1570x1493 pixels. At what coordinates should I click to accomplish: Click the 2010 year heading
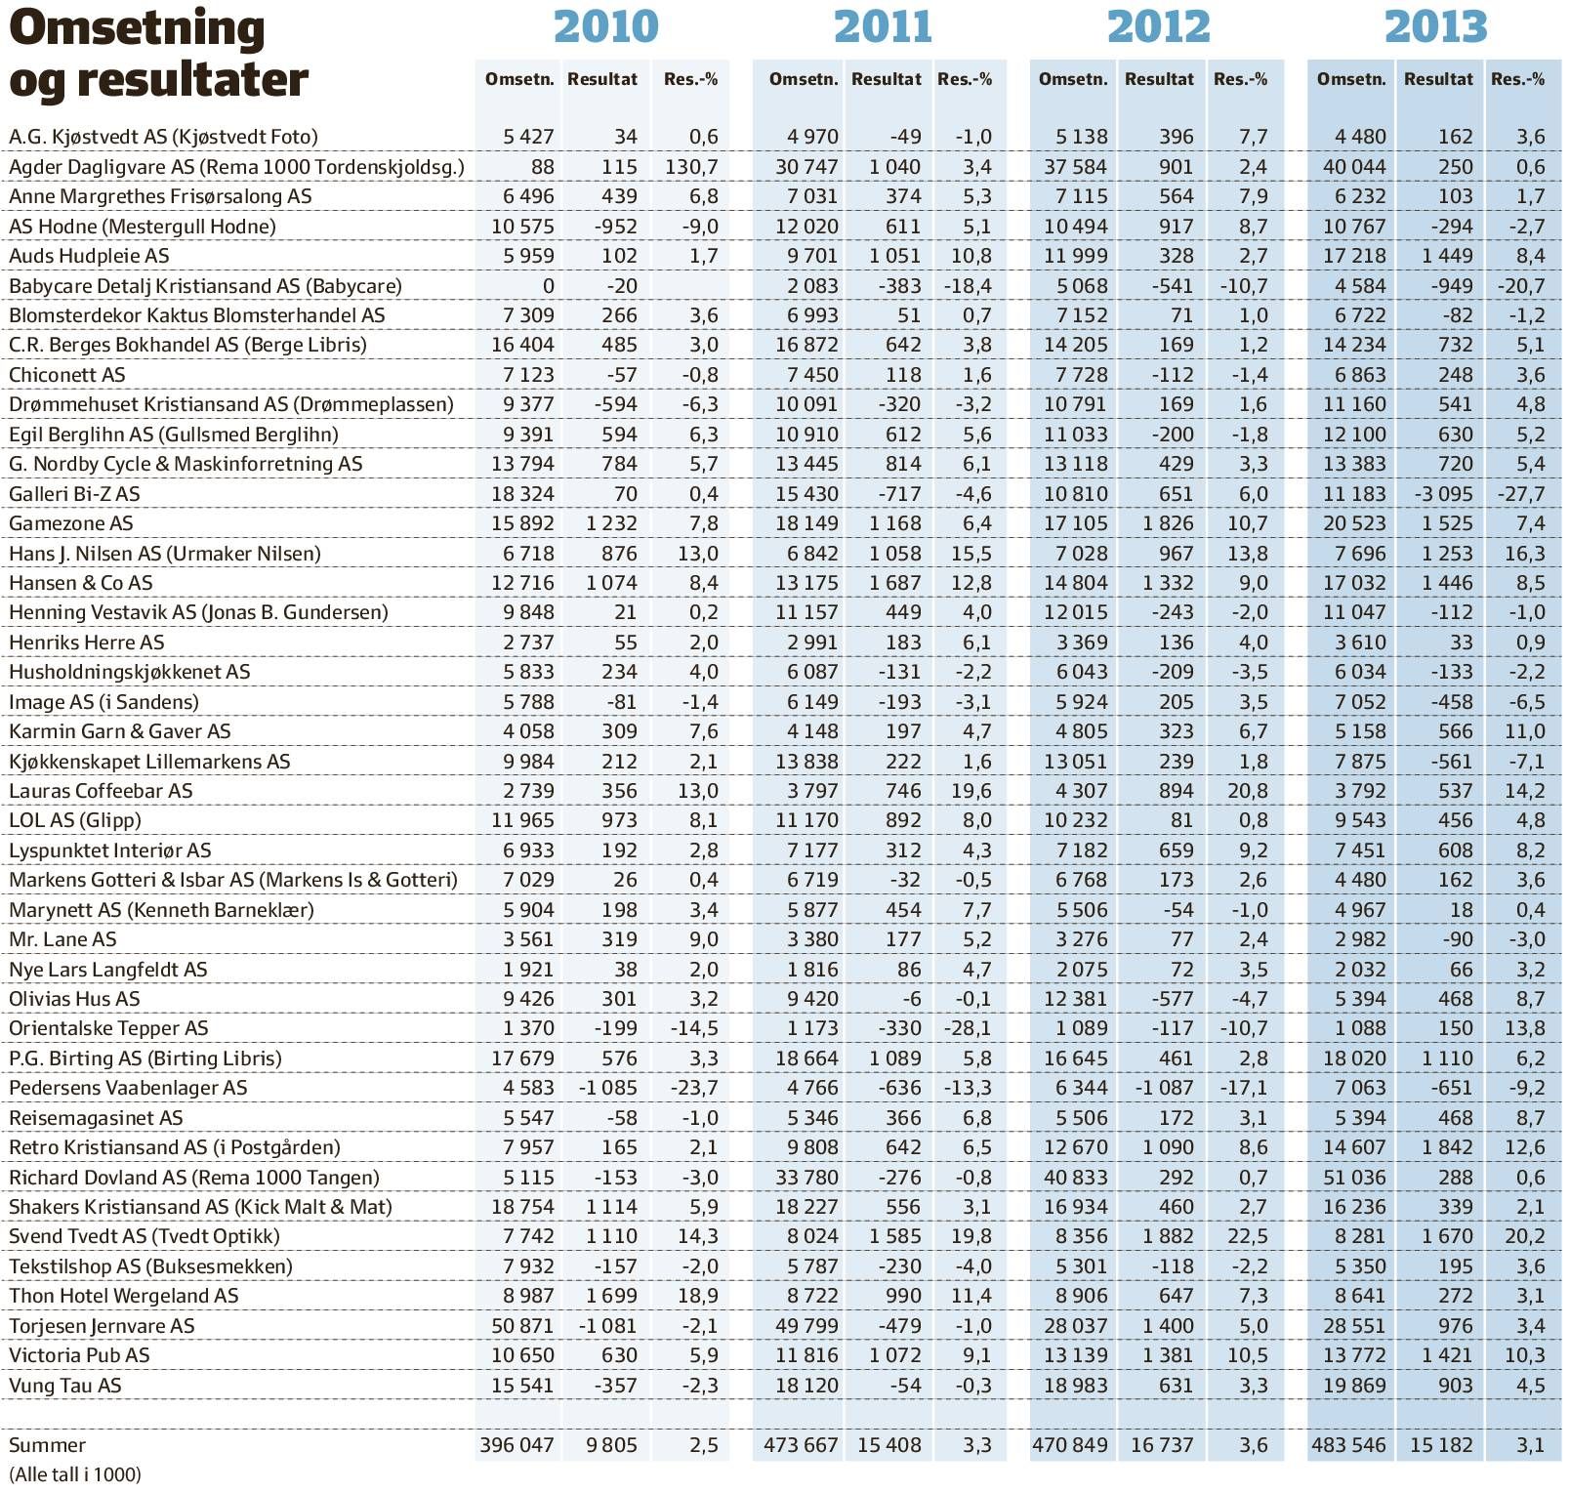(x=606, y=26)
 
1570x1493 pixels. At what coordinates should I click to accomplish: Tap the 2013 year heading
(x=1436, y=26)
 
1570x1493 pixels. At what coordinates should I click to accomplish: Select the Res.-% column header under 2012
(x=1240, y=79)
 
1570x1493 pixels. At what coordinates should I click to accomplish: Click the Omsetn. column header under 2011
(x=804, y=79)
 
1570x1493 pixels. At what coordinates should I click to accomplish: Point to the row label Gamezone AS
(x=71, y=523)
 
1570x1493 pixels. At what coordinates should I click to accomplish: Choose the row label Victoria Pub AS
(x=79, y=1355)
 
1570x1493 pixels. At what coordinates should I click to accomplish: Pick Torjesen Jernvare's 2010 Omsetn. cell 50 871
(x=522, y=1326)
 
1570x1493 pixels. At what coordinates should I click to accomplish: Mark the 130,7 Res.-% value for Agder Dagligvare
(x=691, y=167)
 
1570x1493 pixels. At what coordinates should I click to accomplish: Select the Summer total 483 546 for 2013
(x=1348, y=1445)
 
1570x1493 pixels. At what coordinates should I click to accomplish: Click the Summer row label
(x=47, y=1445)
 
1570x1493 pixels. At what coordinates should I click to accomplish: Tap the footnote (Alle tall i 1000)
(x=75, y=1474)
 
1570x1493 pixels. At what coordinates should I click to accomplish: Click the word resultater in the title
(x=192, y=80)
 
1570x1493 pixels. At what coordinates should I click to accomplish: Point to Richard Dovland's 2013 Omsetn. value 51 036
(x=1354, y=1178)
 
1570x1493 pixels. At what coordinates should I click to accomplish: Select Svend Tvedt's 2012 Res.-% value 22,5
(x=1248, y=1236)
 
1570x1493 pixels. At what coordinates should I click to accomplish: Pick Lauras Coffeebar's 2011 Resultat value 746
(x=903, y=791)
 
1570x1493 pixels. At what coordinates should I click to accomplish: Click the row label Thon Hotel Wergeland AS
(x=124, y=1296)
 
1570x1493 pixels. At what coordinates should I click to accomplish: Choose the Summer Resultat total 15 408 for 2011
(x=889, y=1445)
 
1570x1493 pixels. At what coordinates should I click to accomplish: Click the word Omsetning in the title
(x=137, y=29)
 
